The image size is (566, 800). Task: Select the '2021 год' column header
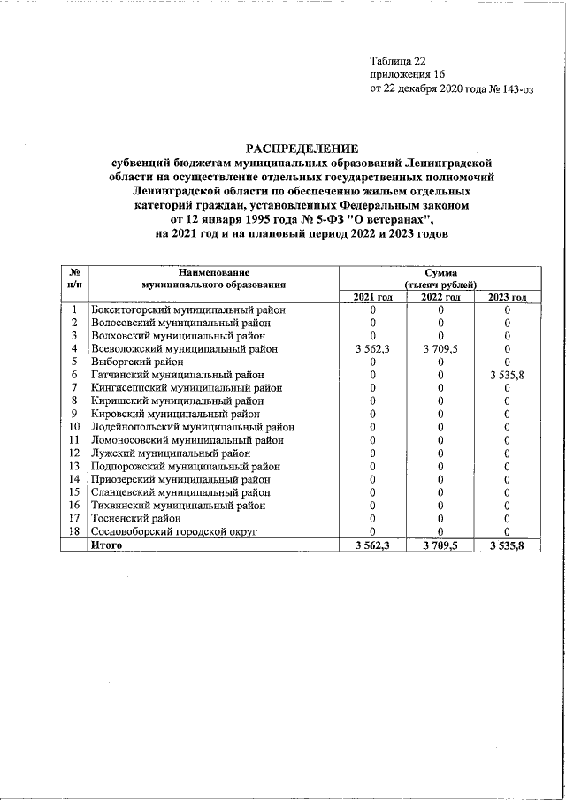tap(372, 298)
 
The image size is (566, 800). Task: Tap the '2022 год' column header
tap(440, 298)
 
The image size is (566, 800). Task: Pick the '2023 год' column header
tap(507, 298)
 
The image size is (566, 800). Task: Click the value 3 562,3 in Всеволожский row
tap(372, 349)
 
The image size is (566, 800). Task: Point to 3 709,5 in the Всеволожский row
tap(440, 349)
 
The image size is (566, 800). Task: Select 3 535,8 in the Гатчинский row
tap(507, 375)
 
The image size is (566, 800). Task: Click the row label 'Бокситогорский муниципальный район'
tap(188, 310)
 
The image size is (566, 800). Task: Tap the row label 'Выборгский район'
tap(137, 362)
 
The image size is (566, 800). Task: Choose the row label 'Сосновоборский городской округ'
tap(174, 531)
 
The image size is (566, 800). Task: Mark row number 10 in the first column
tap(75, 427)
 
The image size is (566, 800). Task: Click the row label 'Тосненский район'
tap(137, 518)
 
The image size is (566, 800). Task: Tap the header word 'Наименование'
tap(213, 273)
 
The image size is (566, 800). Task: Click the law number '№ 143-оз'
tap(512, 89)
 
